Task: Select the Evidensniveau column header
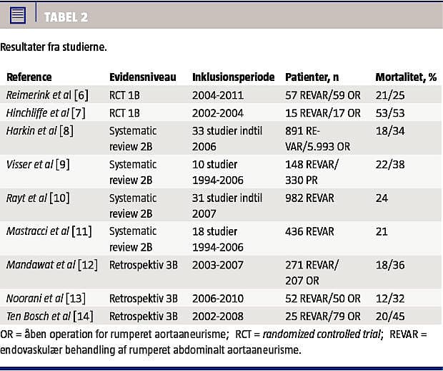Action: (143, 77)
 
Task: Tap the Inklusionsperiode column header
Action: (233, 77)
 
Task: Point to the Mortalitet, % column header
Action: (406, 77)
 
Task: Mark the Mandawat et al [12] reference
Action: (51, 265)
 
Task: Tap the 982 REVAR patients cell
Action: (310, 198)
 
